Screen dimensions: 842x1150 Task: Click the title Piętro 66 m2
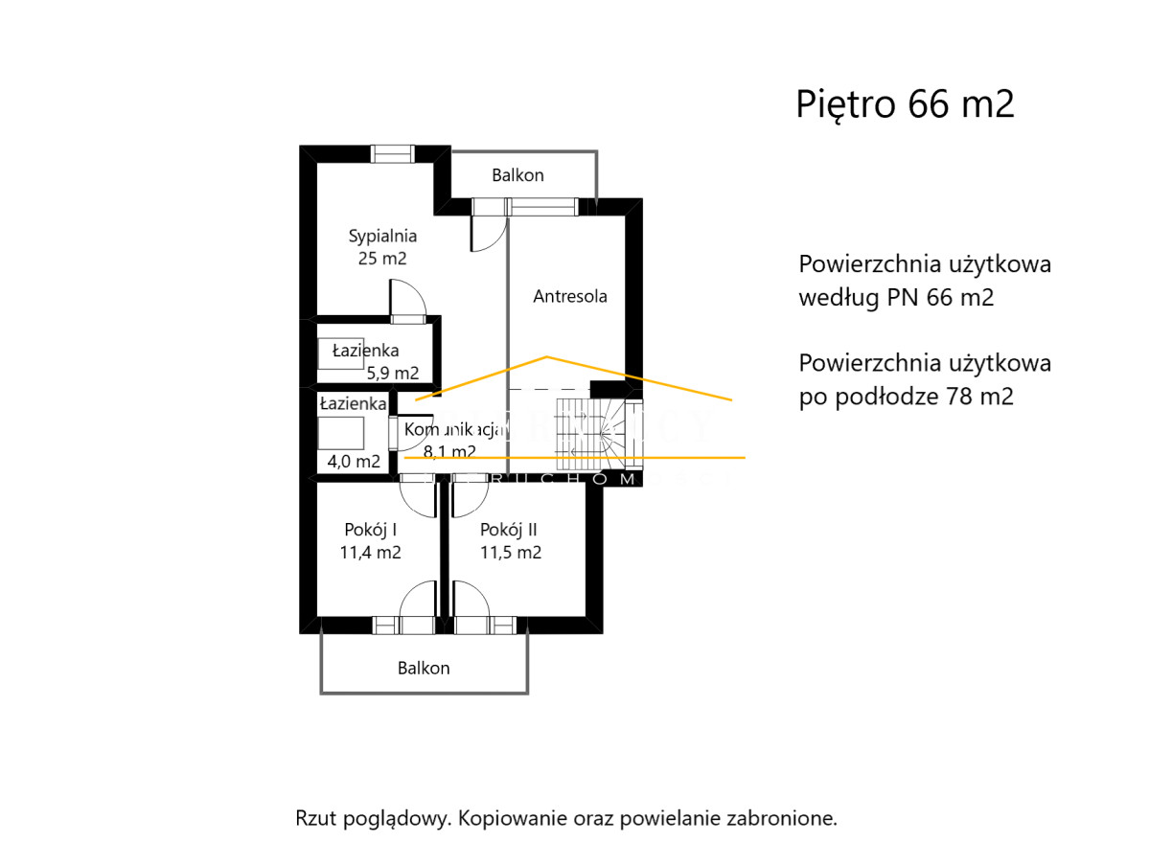click(x=905, y=104)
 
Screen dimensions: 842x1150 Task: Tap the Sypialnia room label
click(x=382, y=235)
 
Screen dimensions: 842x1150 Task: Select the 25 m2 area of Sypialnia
click(x=381, y=258)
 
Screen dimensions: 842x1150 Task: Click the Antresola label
click(x=570, y=296)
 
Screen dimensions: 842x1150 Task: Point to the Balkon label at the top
click(x=517, y=175)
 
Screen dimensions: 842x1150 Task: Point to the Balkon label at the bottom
click(x=424, y=668)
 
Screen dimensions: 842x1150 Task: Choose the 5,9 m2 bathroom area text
click(x=393, y=373)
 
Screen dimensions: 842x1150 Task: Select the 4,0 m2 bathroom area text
click(x=354, y=461)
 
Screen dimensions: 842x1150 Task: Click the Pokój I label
click(x=370, y=529)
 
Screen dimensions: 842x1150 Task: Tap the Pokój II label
click(x=510, y=529)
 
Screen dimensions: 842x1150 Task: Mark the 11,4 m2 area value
click(x=370, y=552)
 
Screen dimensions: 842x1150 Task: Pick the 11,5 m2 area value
click(x=510, y=552)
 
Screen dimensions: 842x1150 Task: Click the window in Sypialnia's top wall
click(x=393, y=153)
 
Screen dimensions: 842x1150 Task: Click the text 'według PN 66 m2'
click(x=896, y=298)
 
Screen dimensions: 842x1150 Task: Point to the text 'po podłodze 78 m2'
click(x=906, y=397)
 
